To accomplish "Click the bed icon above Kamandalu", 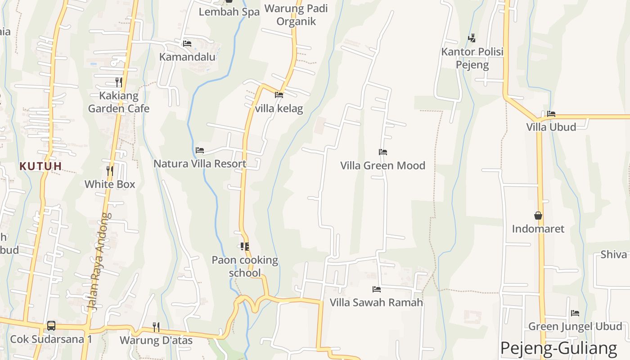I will [x=187, y=44].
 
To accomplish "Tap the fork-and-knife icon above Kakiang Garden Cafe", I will [x=119, y=82].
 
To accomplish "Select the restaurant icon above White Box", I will [x=110, y=171].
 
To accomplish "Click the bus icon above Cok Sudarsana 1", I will [x=51, y=325].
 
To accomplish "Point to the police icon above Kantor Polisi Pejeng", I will [x=472, y=38].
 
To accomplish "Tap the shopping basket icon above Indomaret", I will [x=538, y=216].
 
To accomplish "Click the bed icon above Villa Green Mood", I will [x=383, y=152].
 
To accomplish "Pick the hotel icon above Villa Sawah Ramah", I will [x=377, y=289].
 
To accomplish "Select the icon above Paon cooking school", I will [x=245, y=247].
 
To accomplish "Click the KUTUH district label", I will [x=40, y=166].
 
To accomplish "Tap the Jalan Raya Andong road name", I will [x=99, y=261].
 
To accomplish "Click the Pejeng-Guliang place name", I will [x=558, y=348].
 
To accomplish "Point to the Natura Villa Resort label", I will [x=200, y=164].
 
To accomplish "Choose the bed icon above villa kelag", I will [x=279, y=95].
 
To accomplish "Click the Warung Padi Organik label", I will [x=296, y=15].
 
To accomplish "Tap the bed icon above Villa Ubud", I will [x=551, y=114].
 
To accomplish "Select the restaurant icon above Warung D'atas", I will [x=156, y=327].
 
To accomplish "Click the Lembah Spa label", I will [x=229, y=12].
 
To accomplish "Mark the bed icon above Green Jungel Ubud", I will [x=575, y=313].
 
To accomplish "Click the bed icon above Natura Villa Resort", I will [x=200, y=150].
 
